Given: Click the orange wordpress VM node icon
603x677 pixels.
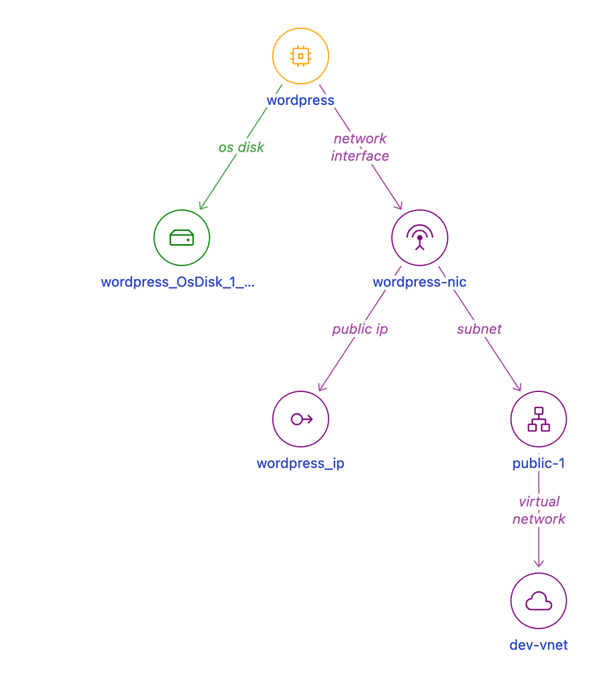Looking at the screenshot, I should [301, 56].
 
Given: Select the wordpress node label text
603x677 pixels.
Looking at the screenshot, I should [301, 101].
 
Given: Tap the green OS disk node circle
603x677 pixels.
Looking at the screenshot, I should [181, 238].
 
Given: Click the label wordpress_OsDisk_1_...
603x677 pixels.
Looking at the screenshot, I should [178, 282].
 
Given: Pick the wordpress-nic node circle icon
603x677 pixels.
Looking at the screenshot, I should [419, 238].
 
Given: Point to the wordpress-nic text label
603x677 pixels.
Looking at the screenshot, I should [419, 282].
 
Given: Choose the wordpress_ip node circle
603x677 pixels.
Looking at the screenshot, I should [301, 419].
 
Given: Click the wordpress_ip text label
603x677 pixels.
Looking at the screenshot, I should [300, 463].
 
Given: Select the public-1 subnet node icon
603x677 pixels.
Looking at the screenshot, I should [538, 419].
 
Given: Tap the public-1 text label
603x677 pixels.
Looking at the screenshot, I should [538, 463].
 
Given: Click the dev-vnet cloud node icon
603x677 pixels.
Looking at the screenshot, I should [538, 600].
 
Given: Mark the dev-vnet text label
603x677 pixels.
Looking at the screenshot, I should [538, 645].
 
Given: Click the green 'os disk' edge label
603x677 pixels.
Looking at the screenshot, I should [241, 147].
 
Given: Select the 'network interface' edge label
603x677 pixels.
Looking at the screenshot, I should [360, 147].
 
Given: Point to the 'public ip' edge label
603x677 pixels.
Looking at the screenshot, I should [360, 329].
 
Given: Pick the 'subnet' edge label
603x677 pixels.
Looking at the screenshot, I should [479, 329].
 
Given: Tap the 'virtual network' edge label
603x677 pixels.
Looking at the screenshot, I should [539, 510].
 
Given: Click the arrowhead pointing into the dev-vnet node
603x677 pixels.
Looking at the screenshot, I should [539, 563].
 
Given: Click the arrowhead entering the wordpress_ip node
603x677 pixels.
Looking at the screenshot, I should [322, 387].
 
